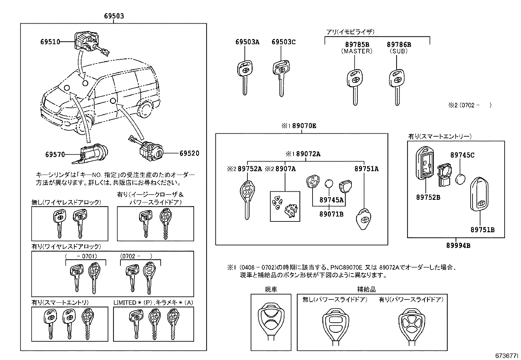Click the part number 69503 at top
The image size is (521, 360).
click(x=114, y=16)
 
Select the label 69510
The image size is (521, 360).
click(x=50, y=42)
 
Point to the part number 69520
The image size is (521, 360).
click(x=189, y=153)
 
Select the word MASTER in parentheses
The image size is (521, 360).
click(x=356, y=51)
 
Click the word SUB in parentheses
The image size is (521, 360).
click(x=398, y=51)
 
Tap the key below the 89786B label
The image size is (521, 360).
click(x=396, y=85)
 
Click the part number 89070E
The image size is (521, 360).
click(x=304, y=126)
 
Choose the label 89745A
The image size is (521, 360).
click(x=331, y=200)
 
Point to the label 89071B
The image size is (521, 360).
click(x=331, y=214)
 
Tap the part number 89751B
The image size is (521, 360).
click(x=482, y=230)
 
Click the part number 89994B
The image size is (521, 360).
click(x=458, y=245)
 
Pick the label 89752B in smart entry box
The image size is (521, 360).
click(x=428, y=197)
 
